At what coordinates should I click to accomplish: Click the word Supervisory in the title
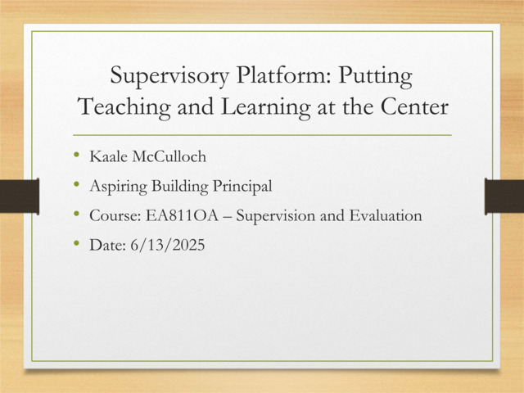point(167,78)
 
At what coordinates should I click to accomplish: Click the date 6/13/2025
point(168,246)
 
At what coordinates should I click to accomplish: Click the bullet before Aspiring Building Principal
point(78,186)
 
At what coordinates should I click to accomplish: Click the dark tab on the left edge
point(19,197)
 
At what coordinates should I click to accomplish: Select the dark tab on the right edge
point(504,197)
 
